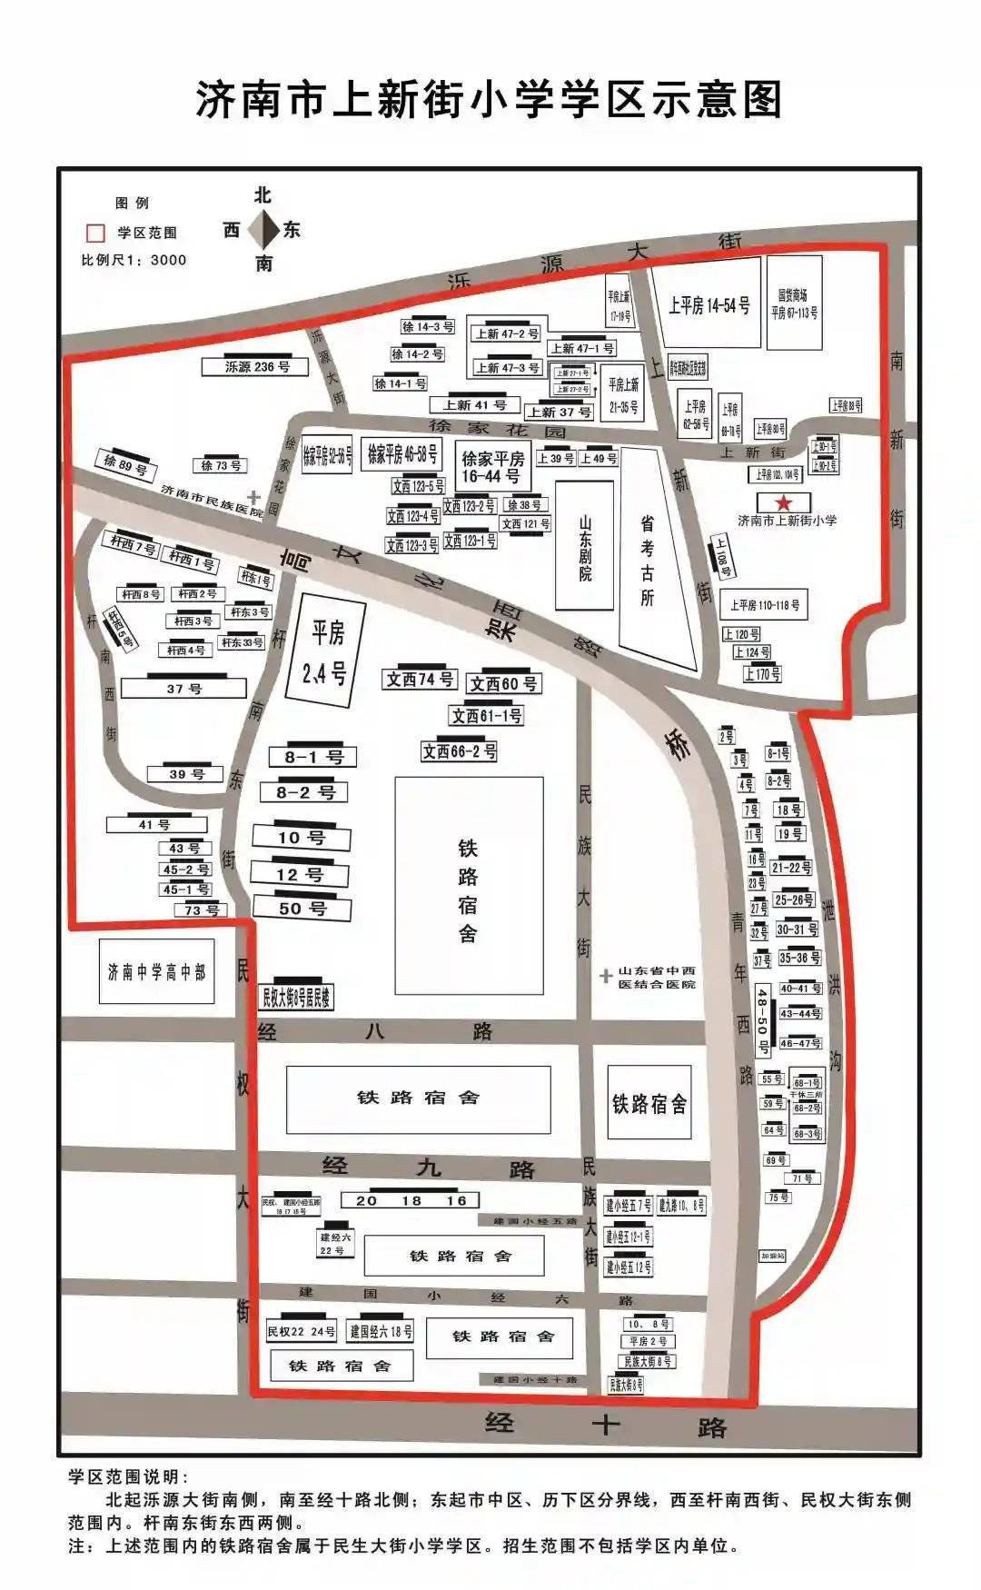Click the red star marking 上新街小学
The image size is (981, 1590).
(782, 502)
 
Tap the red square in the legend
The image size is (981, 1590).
(94, 233)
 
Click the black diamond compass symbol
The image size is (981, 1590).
(264, 230)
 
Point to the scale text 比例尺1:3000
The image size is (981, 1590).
(134, 260)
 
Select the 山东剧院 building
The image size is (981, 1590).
(584, 546)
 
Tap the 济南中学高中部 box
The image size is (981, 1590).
(156, 972)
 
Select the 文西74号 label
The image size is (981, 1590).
(420, 680)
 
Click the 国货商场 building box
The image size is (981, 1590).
(794, 303)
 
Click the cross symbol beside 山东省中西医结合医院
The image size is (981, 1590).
(606, 976)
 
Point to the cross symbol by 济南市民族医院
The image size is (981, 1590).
(257, 496)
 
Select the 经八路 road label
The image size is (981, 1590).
(375, 1031)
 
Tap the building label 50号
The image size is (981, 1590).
(302, 908)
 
